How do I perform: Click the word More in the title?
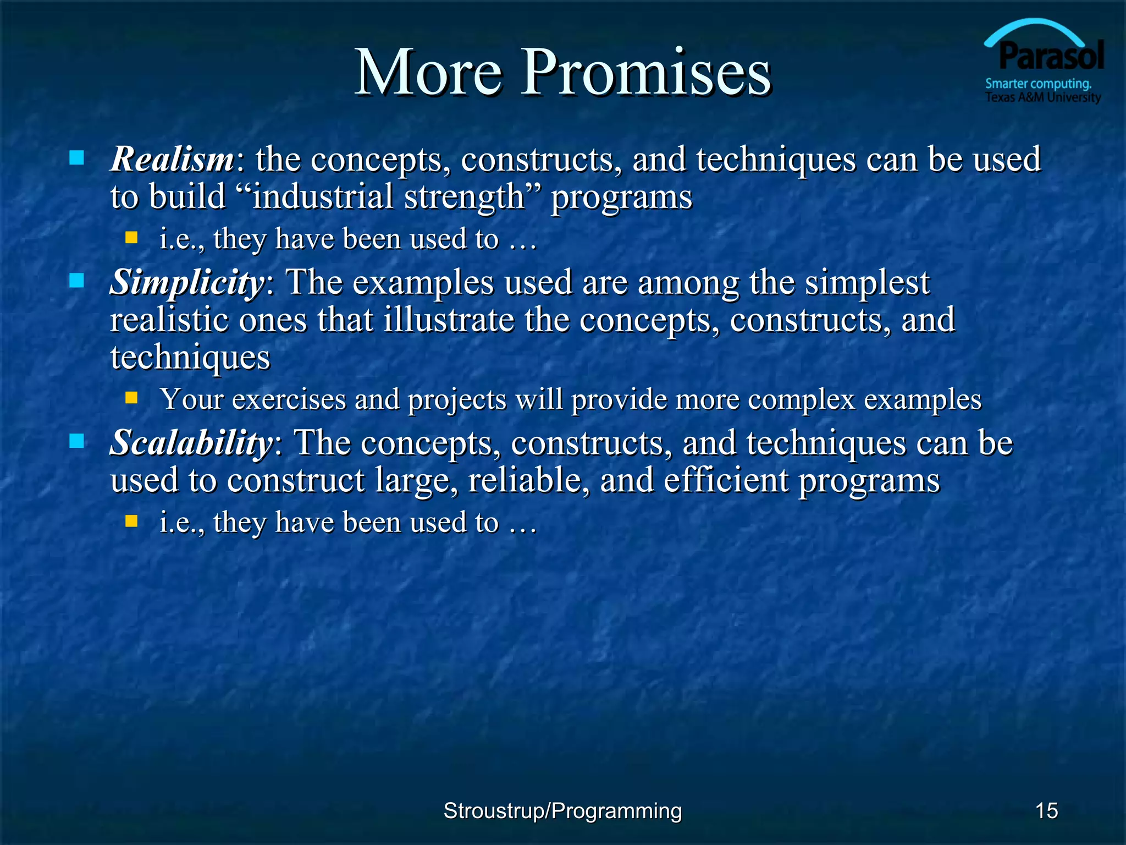click(x=428, y=73)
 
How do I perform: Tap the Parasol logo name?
click(x=1051, y=56)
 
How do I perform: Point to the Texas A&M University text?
click(x=1043, y=97)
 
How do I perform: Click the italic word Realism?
click(x=172, y=160)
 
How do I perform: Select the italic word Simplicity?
click(x=187, y=283)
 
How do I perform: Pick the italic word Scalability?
click(x=191, y=443)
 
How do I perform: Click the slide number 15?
click(x=1046, y=810)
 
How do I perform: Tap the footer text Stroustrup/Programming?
click(x=562, y=810)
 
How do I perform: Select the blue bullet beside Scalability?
click(x=77, y=441)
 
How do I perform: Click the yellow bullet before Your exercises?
click(x=131, y=397)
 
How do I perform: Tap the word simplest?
click(x=867, y=283)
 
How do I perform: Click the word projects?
click(x=457, y=399)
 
